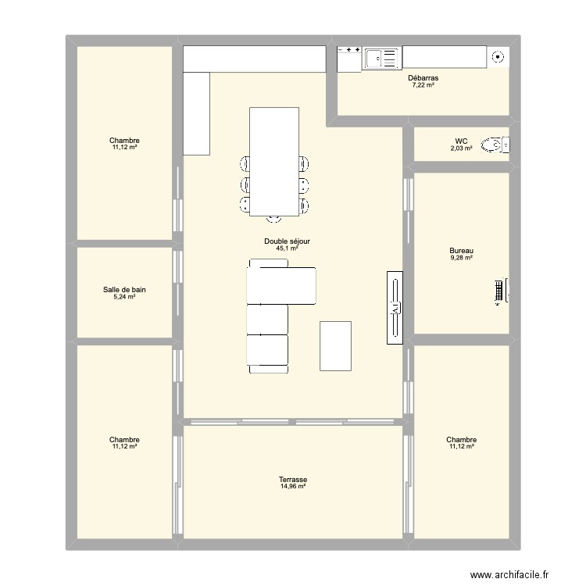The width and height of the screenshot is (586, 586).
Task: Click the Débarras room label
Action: point(423,78)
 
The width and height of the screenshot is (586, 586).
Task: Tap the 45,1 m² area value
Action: point(287,248)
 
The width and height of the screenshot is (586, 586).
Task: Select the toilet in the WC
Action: point(493,145)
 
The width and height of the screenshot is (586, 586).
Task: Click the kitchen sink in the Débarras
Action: point(381,56)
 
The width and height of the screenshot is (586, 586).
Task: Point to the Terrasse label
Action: point(293,480)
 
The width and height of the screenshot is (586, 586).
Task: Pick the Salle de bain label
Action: point(124,290)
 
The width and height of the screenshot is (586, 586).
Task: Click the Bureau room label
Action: point(462,251)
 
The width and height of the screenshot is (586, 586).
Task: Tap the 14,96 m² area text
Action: point(293,487)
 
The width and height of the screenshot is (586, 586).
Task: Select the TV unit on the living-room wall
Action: point(395,307)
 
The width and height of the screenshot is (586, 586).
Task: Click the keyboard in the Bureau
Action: point(497,291)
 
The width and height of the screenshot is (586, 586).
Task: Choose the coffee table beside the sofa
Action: point(335,345)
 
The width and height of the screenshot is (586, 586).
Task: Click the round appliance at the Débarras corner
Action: point(498,55)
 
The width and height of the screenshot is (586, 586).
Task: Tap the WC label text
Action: point(462,141)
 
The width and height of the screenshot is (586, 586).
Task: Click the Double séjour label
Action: point(287,241)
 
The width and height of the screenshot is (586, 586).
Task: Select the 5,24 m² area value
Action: point(124,297)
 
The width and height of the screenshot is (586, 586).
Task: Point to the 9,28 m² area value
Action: point(462,258)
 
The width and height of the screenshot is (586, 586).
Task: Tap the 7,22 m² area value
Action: point(423,85)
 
